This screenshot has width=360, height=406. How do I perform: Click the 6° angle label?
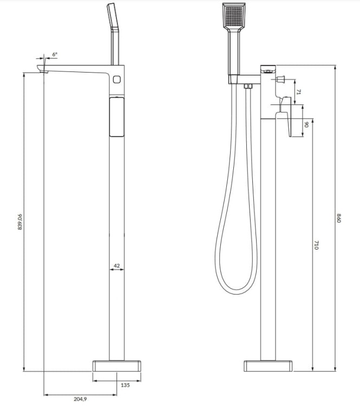[55, 55]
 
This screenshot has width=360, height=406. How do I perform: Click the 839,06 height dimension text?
[20, 221]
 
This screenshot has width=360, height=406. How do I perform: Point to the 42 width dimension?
[116, 266]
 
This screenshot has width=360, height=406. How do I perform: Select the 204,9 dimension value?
[80, 399]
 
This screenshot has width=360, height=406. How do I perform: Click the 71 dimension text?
[298, 92]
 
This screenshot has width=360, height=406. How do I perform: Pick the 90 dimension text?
[306, 124]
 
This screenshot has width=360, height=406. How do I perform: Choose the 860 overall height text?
[339, 219]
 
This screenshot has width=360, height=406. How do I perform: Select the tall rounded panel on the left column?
[116, 116]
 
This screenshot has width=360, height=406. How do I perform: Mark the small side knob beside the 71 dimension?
[280, 80]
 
